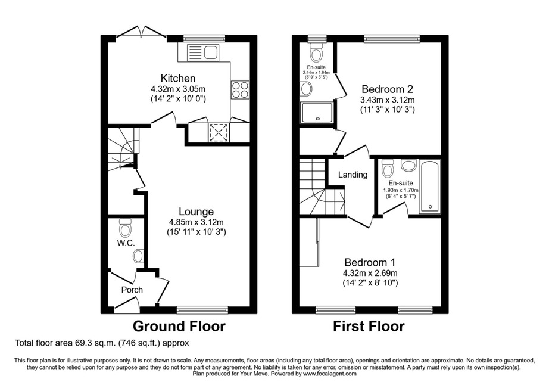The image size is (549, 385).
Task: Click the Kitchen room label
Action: [x=177, y=78]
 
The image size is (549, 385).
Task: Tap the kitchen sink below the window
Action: [x=203, y=53]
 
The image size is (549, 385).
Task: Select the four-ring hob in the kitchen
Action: [x=240, y=89]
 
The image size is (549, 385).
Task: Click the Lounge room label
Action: [x=196, y=211]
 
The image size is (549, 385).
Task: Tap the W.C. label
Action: [x=126, y=243]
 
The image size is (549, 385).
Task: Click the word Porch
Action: [x=132, y=290]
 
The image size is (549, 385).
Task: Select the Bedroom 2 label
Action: [x=388, y=89]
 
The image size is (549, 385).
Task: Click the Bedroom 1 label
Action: [x=370, y=262]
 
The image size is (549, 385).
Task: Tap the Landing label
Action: [x=353, y=175]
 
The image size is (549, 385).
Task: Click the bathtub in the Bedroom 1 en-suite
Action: [x=430, y=187]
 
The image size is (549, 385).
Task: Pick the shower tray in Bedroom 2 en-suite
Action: [x=317, y=113]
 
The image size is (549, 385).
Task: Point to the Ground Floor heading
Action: [x=179, y=326]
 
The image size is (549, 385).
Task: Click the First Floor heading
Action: [x=369, y=326]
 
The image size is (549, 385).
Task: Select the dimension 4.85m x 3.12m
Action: [x=196, y=222]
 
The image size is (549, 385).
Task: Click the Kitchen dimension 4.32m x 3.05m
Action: [x=178, y=89]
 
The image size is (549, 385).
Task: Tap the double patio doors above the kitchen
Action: [x=142, y=31]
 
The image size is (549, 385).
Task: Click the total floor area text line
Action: [x=102, y=343]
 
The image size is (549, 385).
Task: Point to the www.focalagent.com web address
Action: [x=329, y=374]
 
